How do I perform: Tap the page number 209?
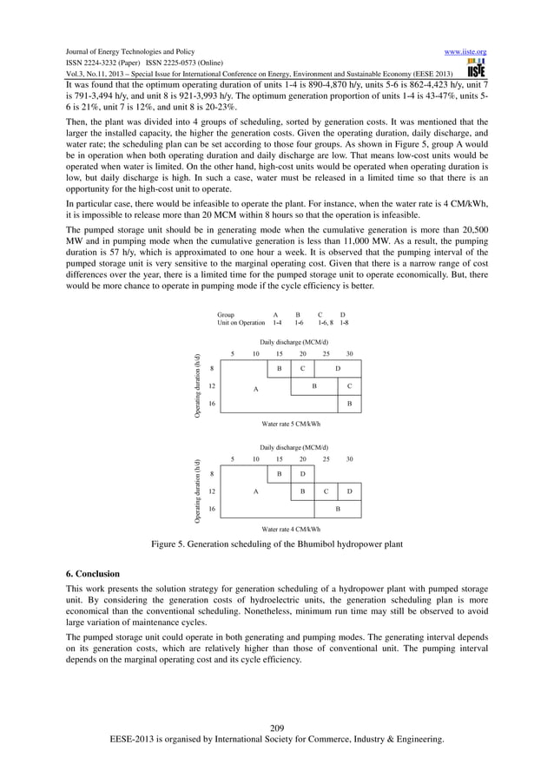point(277,727)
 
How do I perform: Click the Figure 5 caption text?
point(276,544)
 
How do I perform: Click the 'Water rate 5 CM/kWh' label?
point(291,424)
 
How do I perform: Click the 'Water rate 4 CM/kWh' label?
point(291,527)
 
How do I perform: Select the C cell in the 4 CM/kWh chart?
point(326,491)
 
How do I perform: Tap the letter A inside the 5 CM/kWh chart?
point(255,389)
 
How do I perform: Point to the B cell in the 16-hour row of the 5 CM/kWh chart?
point(349,404)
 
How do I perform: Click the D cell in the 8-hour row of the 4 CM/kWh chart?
point(302,473)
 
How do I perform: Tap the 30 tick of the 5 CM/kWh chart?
point(349,353)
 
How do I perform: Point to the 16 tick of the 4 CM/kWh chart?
point(213,508)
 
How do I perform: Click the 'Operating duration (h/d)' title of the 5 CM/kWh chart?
point(198,385)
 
